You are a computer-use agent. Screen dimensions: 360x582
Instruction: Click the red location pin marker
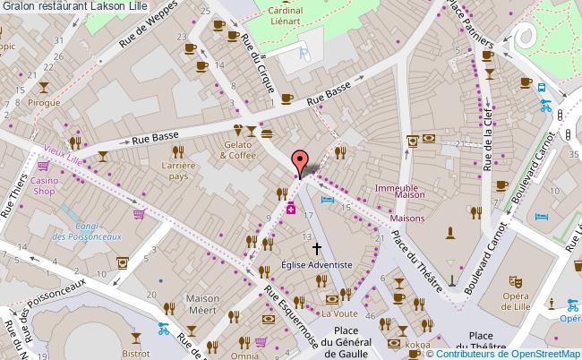click(299, 162)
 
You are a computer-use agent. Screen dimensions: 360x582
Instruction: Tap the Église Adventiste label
click(316, 264)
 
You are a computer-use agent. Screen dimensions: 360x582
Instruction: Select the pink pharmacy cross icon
click(290, 210)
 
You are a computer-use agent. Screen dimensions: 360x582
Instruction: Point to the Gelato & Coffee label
click(238, 150)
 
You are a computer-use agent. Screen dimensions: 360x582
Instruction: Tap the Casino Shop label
click(45, 185)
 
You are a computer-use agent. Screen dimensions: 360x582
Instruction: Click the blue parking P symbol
click(304, 53)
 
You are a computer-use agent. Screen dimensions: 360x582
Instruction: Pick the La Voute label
click(339, 313)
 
